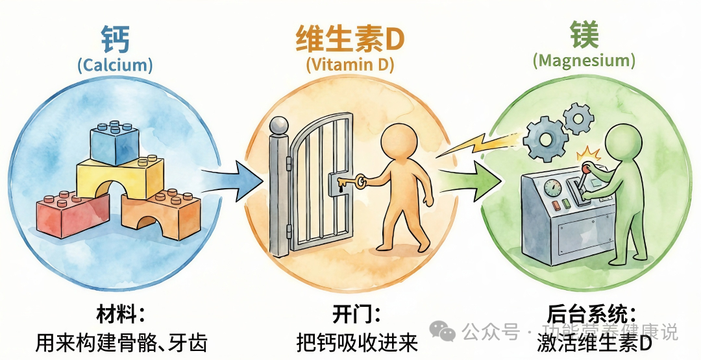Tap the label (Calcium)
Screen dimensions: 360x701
pos(115,65)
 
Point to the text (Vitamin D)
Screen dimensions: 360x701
pos(350,64)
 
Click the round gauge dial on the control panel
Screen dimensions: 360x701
pos(554,188)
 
